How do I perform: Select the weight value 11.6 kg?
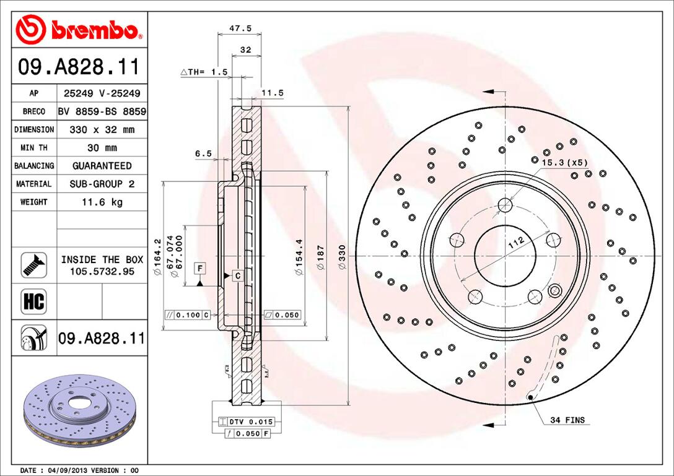click(102, 202)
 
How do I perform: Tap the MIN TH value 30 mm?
click(102, 148)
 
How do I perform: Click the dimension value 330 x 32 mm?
click(102, 130)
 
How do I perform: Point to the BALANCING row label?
click(34, 166)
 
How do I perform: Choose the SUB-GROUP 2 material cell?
click(102, 184)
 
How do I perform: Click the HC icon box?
click(34, 301)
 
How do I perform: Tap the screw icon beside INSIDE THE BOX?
click(34, 265)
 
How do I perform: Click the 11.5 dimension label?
click(272, 93)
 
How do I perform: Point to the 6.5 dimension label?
click(203, 154)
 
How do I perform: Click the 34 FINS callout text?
click(567, 420)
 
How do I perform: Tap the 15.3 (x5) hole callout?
click(564, 162)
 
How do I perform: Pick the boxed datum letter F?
click(199, 268)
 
